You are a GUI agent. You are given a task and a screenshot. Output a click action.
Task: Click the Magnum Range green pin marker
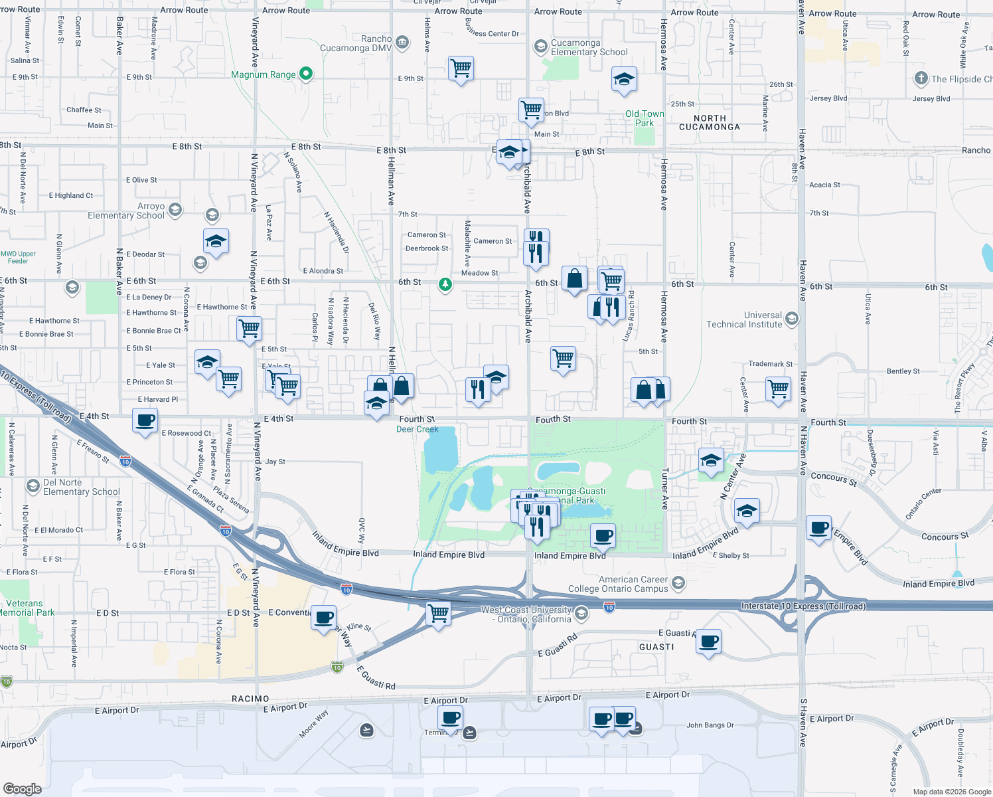pyautogui.click(x=306, y=74)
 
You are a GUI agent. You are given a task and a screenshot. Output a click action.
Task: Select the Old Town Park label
pyautogui.click(x=644, y=118)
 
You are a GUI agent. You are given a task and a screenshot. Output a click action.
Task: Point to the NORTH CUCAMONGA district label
pyautogui.click(x=710, y=122)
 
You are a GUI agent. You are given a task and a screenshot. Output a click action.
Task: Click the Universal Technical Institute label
pyautogui.click(x=744, y=320)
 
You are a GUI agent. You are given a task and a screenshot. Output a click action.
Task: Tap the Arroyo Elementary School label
pyautogui.click(x=126, y=211)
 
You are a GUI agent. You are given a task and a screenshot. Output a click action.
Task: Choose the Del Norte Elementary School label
pyautogui.click(x=81, y=487)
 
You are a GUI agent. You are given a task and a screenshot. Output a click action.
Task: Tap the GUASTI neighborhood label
pyautogui.click(x=656, y=647)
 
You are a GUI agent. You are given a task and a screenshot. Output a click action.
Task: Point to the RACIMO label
pyautogui.click(x=250, y=699)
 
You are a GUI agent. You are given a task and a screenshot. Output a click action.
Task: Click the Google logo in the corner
pyautogui.click(x=23, y=789)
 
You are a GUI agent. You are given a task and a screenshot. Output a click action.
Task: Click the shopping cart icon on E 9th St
pyautogui.click(x=461, y=68)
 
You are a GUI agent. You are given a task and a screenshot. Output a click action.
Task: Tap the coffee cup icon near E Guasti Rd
pyautogui.click(x=709, y=642)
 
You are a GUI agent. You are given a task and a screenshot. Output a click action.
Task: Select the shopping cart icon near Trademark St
pyautogui.click(x=778, y=389)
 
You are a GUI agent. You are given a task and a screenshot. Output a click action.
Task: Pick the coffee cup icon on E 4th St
pyautogui.click(x=145, y=420)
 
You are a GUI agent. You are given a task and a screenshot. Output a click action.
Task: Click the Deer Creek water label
pyautogui.click(x=418, y=429)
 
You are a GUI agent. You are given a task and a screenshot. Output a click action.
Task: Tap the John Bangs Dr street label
pyautogui.click(x=710, y=725)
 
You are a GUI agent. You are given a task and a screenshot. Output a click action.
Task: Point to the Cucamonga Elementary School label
pyautogui.click(x=589, y=47)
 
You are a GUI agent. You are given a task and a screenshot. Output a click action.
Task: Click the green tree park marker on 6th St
pyautogui.click(x=445, y=285)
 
